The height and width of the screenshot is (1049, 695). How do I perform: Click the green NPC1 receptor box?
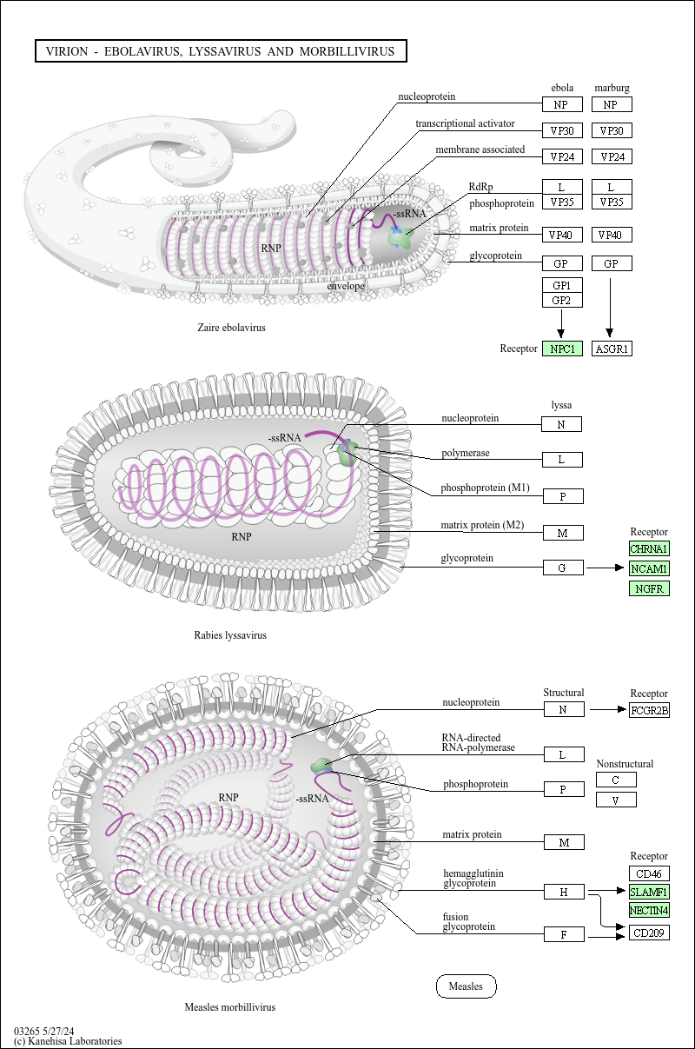click(x=562, y=349)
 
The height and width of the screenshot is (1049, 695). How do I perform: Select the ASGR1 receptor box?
click(x=612, y=349)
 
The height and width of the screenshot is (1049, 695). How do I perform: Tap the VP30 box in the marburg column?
click(x=612, y=130)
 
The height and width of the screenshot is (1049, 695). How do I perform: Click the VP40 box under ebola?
click(x=562, y=235)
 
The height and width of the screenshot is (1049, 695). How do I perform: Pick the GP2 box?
click(x=562, y=300)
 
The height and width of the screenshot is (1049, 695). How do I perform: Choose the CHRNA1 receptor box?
click(x=649, y=548)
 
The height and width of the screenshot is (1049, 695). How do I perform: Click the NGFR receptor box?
click(x=649, y=588)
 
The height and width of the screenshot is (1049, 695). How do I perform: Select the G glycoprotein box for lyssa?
click(x=563, y=568)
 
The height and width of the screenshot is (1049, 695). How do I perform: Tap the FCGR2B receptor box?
click(x=649, y=710)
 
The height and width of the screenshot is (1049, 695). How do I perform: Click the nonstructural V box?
click(x=616, y=800)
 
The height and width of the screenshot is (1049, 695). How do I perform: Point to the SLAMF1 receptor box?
click(x=649, y=892)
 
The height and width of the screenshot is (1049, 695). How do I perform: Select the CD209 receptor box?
click(x=649, y=933)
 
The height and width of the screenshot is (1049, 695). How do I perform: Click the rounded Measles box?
click(x=467, y=986)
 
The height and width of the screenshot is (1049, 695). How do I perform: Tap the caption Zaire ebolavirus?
click(x=231, y=328)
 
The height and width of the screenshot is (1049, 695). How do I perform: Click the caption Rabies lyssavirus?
click(x=230, y=635)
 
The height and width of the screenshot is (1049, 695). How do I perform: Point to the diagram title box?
click(x=221, y=51)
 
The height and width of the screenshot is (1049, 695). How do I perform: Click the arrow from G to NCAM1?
click(x=606, y=568)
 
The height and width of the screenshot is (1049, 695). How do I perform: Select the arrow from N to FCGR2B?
click(x=608, y=709)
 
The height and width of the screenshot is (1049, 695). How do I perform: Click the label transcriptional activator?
click(x=465, y=123)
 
